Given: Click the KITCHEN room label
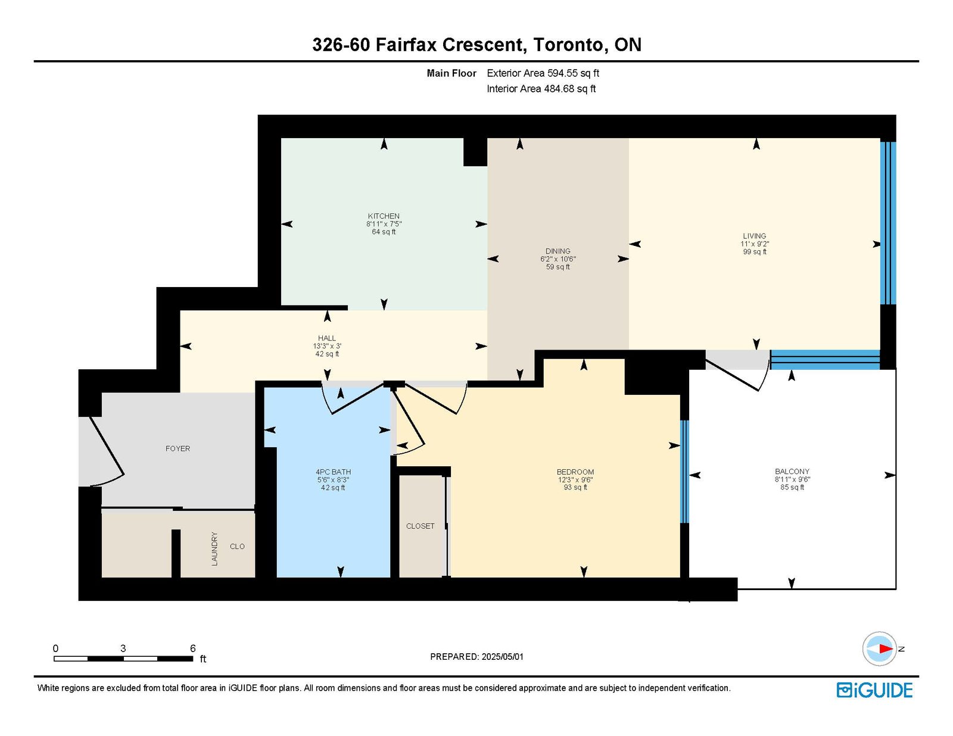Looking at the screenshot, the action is tap(384, 216).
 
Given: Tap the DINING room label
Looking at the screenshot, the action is tap(558, 251).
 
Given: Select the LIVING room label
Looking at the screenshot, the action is tap(754, 236).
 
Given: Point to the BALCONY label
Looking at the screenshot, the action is tap(792, 471).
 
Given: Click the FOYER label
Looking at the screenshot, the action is tap(177, 448).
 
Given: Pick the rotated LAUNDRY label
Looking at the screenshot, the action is tap(214, 548).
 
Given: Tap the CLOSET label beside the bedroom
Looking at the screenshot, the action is tap(420, 526).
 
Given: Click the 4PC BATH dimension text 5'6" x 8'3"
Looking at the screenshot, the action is tap(332, 479).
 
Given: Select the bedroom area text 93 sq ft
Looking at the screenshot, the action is tap(575, 487).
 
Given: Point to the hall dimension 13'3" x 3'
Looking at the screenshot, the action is tap(327, 346).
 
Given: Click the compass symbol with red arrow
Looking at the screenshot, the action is tap(879, 648).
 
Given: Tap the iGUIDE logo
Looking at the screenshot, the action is tap(874, 690).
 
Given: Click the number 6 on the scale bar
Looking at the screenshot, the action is tap(192, 648).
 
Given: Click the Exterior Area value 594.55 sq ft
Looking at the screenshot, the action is tap(573, 73).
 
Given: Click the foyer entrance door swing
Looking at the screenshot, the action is tap(107, 451).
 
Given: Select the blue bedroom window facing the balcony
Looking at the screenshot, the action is tap(684, 472).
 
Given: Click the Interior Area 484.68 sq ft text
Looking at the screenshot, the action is tap(541, 89).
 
